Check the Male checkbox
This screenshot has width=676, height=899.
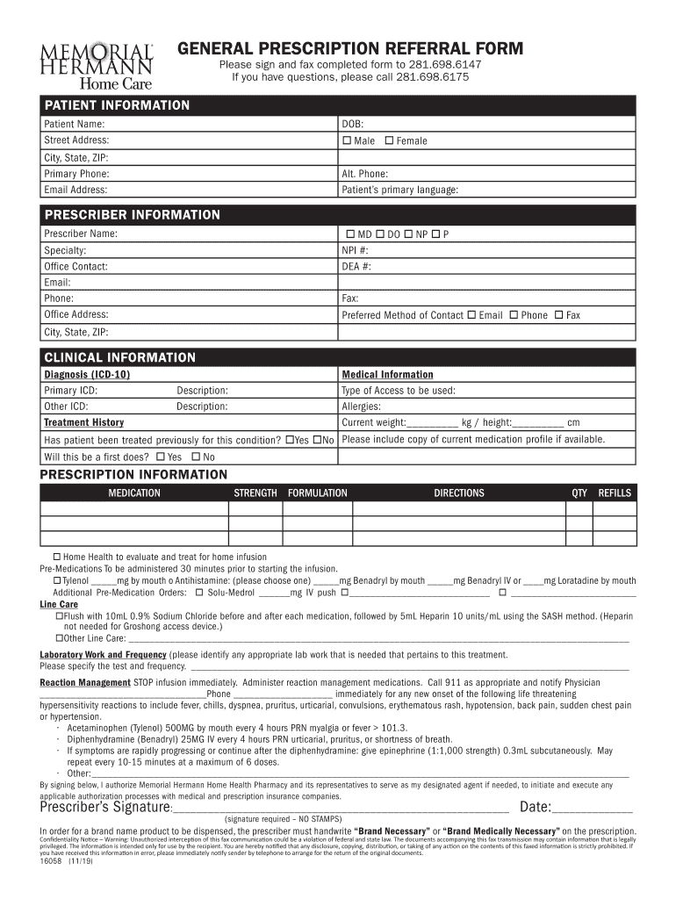[347, 140]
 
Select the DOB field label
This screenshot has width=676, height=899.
[352, 125]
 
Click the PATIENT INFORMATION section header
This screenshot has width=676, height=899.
[117, 105]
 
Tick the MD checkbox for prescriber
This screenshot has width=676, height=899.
[350, 234]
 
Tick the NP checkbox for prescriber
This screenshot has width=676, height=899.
[409, 234]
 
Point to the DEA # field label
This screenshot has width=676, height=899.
[356, 266]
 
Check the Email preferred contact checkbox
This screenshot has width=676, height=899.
[471, 314]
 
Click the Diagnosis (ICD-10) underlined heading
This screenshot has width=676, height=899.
[87, 375]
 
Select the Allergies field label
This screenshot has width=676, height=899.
[361, 406]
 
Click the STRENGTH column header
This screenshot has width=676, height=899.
[255, 493]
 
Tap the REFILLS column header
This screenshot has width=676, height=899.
[615, 493]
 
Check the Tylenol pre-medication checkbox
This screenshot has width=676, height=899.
[58, 580]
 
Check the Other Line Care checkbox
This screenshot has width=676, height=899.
[58, 638]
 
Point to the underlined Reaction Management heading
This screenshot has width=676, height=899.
[85, 682]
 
